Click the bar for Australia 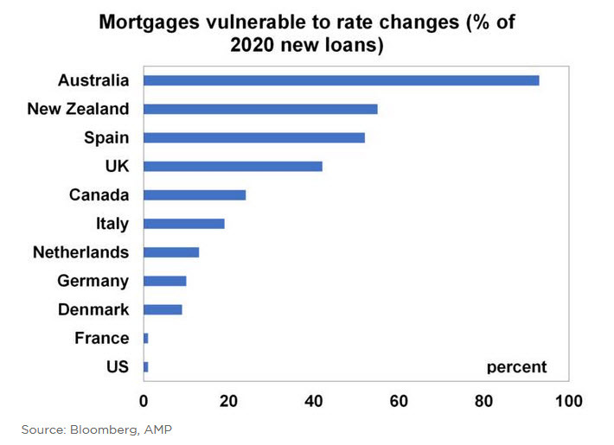(x=341, y=80)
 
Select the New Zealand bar (x=260, y=109)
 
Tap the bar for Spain (x=253, y=137)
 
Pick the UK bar (x=233, y=166)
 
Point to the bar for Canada (x=195, y=194)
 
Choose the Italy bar (x=183, y=223)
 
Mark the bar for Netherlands (x=171, y=252)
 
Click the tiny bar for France (x=145, y=338)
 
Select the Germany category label (x=93, y=281)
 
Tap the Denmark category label (x=93, y=309)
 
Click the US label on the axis (x=117, y=366)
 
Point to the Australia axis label (x=93, y=80)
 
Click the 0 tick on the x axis (x=144, y=401)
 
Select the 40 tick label (x=314, y=401)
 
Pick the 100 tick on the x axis (x=568, y=401)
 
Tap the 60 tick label (x=399, y=401)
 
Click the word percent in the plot (x=516, y=366)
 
